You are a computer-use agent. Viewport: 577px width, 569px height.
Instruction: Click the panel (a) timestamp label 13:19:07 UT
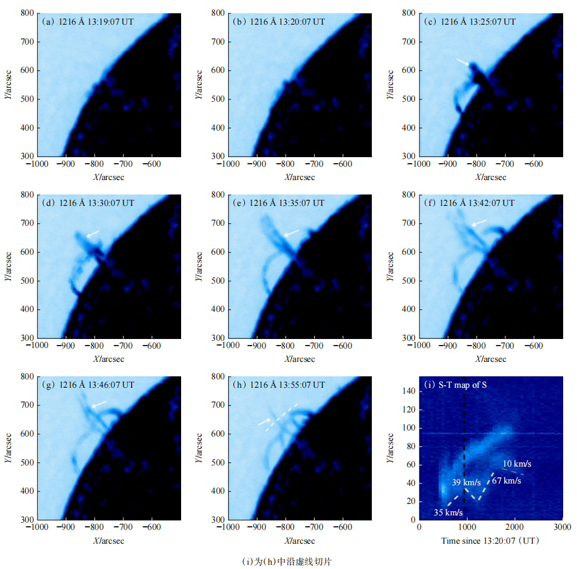coord(111,21)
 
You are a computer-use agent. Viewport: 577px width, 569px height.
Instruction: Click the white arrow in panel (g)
coord(99,404)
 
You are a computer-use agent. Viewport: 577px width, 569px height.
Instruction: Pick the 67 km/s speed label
coord(506,480)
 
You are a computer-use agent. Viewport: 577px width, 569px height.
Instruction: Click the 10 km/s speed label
coord(517,464)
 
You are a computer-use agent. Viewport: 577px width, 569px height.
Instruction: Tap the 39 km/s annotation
coord(466,483)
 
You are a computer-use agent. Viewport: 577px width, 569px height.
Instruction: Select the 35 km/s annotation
coord(448,512)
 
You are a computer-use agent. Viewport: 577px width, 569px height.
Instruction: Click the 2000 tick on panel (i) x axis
coord(514,525)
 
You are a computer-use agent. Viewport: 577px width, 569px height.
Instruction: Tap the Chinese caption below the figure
coord(287,561)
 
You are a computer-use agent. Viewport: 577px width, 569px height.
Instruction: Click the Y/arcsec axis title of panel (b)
coord(199,84)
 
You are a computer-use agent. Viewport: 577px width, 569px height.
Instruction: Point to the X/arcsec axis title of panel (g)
coord(108,540)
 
